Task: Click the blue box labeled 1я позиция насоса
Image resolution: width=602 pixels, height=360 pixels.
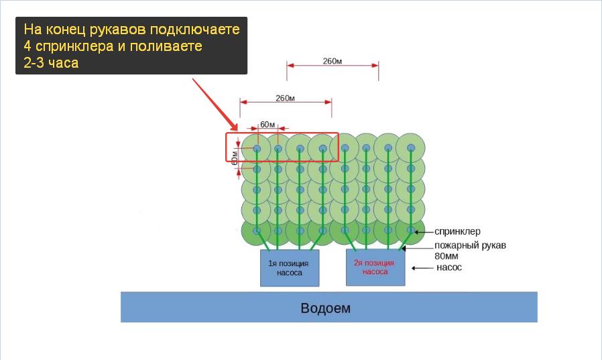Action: click(290, 268)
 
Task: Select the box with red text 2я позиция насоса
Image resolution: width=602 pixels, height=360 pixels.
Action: click(375, 267)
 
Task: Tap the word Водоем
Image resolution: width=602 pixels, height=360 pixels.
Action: click(326, 308)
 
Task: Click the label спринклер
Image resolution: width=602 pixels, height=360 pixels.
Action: click(457, 232)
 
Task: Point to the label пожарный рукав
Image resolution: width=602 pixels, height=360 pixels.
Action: click(470, 245)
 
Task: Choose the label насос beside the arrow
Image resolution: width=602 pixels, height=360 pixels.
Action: click(449, 267)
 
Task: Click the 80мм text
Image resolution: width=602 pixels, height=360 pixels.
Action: click(446, 256)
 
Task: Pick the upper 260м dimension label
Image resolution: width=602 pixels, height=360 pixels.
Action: click(332, 61)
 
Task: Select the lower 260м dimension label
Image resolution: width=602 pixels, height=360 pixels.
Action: click(286, 99)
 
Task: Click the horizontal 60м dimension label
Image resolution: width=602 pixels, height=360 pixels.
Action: click(267, 124)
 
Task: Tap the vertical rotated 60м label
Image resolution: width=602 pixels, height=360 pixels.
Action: click(234, 158)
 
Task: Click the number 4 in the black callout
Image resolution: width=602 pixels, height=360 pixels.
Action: click(27, 46)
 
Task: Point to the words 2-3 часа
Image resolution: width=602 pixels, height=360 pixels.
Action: click(51, 62)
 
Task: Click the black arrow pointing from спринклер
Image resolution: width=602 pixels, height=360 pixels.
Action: click(424, 232)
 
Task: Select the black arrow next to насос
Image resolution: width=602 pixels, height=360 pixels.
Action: click(422, 268)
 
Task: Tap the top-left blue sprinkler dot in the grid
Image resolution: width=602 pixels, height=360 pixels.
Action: click(257, 148)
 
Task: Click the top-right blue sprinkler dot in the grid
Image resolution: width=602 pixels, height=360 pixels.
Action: click(411, 147)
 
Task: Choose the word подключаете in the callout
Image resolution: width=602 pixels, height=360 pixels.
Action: click(194, 29)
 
